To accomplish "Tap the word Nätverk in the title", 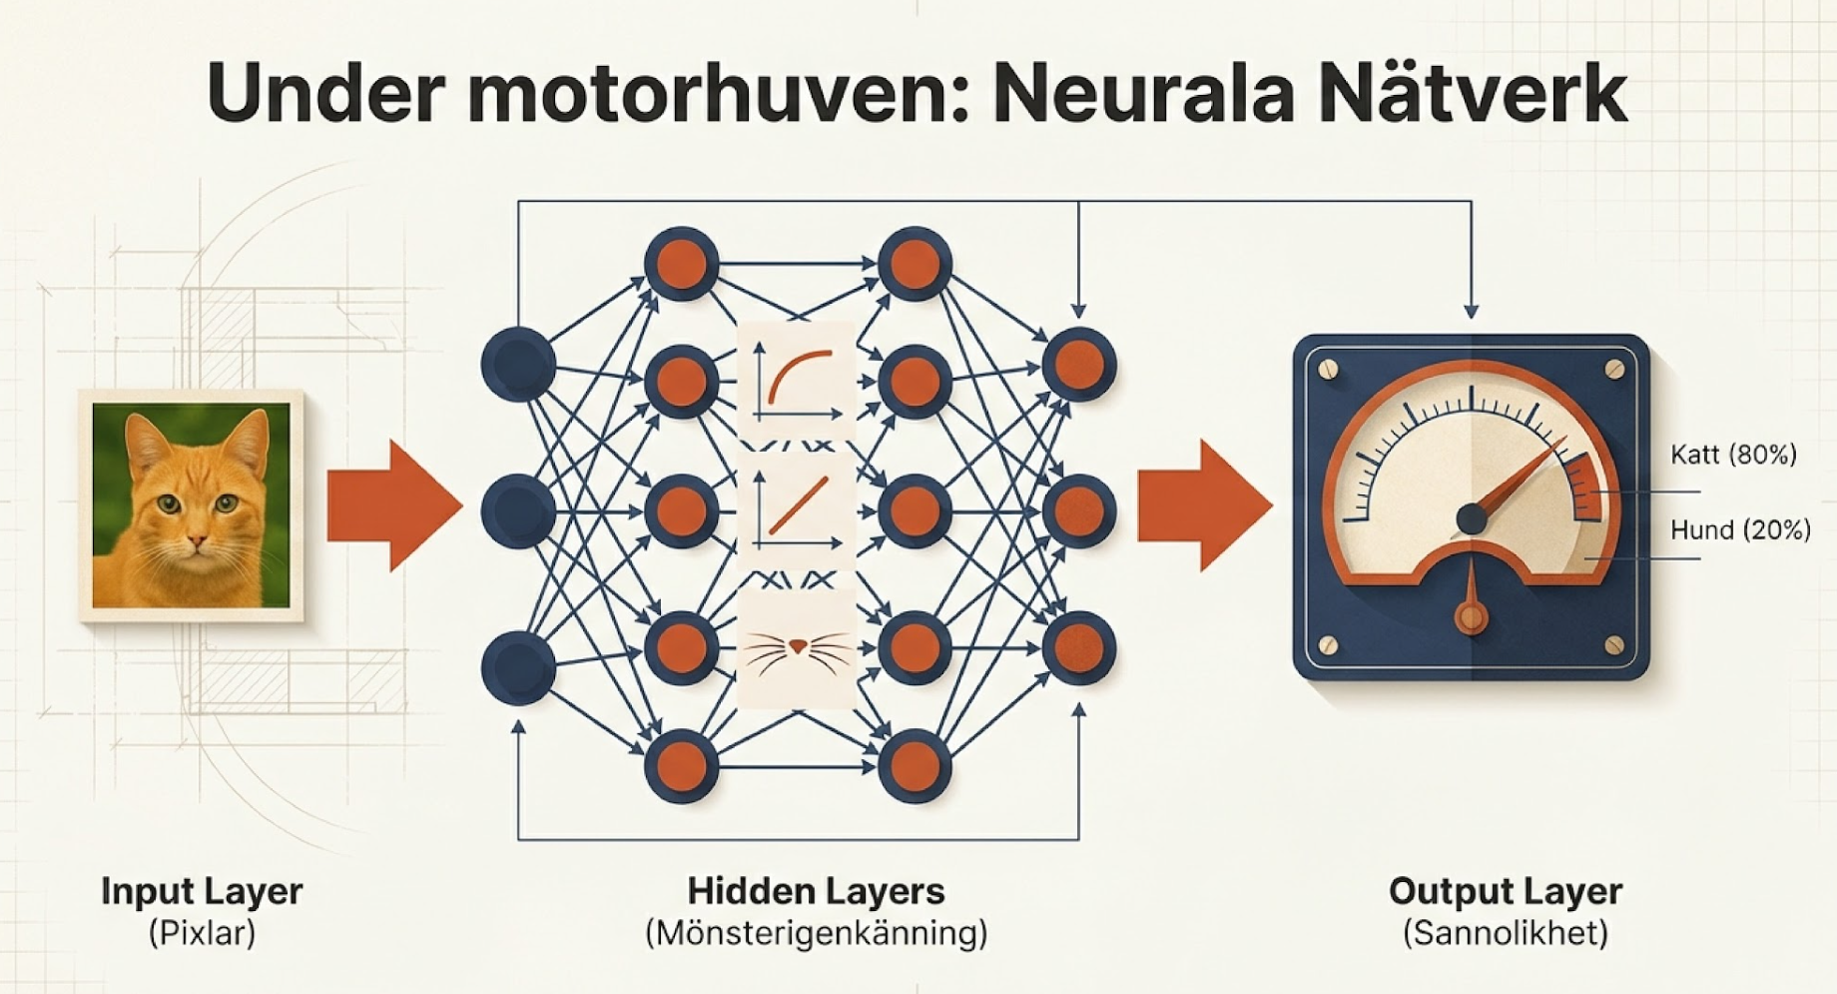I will tap(1473, 94).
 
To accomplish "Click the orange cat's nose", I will tap(198, 540).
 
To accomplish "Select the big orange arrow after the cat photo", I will tap(393, 505).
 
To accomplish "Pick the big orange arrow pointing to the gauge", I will tap(1204, 505).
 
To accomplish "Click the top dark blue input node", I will tap(518, 364).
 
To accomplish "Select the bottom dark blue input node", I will tap(518, 667).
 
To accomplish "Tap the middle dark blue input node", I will tap(518, 510).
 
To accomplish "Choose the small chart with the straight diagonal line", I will tap(796, 509).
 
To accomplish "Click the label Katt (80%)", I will tap(1733, 455).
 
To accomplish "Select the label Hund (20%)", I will tap(1740, 529).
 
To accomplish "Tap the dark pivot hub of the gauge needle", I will tap(1471, 519).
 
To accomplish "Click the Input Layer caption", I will tap(202, 891).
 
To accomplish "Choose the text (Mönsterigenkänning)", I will tap(816, 934).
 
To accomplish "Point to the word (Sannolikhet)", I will tap(1505, 934).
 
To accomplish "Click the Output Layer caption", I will tap(1505, 891).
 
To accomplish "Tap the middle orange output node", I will tap(1079, 510).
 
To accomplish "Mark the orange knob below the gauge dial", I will tap(1471, 615).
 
